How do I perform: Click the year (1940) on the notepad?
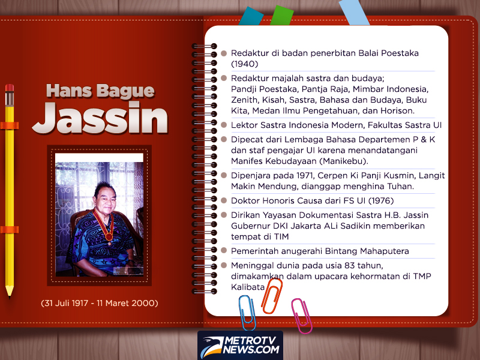point(245,64)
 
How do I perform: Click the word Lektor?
point(245,125)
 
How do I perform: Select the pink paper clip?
point(301,315)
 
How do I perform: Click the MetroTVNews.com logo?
point(240,345)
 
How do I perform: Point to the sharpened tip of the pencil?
point(10,293)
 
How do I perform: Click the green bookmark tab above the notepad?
point(281,16)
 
